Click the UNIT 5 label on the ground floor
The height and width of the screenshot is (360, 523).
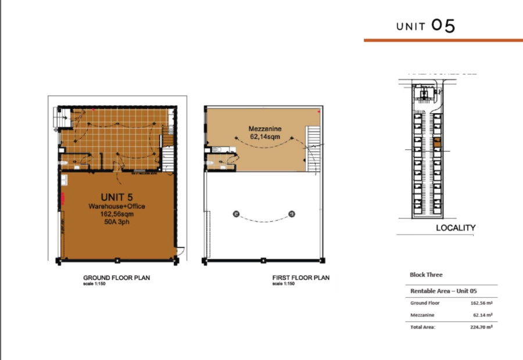117,196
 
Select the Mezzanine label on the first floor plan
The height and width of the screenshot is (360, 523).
261,129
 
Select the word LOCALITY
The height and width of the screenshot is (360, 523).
456,228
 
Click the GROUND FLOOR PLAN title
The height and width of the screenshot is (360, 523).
116,278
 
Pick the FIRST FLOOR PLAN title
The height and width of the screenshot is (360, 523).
300,278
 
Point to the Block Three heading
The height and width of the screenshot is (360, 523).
426,275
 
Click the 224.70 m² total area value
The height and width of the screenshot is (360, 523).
481,327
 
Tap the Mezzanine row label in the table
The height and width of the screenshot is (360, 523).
422,315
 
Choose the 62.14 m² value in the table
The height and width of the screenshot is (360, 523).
483,315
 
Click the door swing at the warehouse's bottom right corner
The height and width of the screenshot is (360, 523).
181,251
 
